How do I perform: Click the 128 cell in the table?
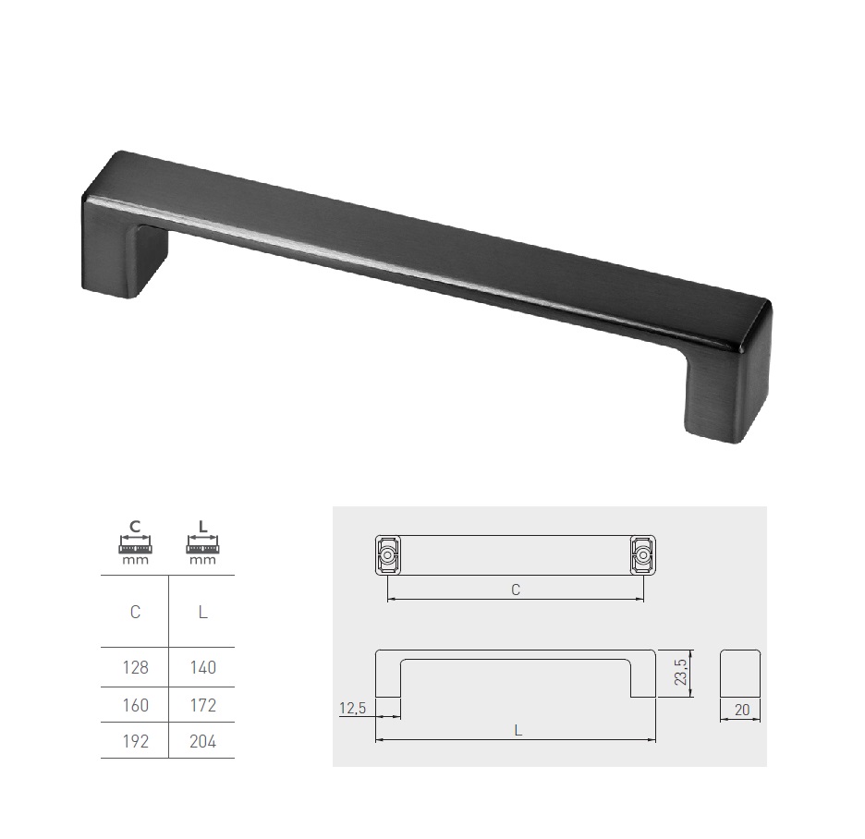point(135,667)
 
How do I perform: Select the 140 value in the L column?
point(202,667)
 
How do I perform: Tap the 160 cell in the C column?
point(135,705)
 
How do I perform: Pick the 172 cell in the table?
point(202,705)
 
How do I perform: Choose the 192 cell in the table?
point(135,741)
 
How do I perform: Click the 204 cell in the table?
point(202,741)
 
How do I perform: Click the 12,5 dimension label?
point(352,708)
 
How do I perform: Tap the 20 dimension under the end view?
point(742,710)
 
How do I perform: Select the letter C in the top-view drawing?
point(516,590)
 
